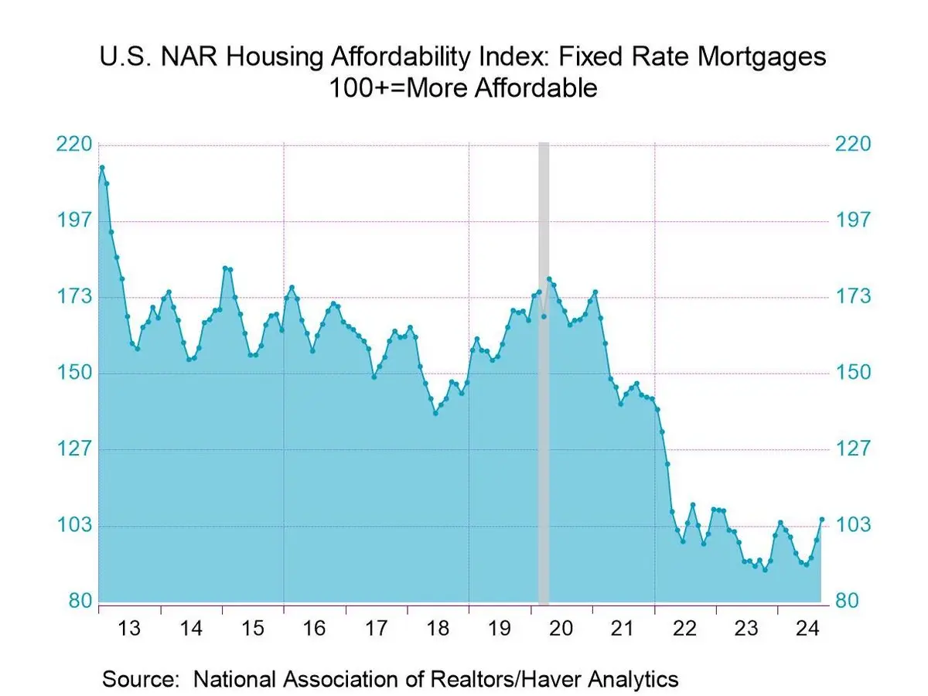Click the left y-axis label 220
[74, 145]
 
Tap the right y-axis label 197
[853, 220]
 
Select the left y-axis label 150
[74, 373]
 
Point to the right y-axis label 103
[853, 525]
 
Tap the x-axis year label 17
[376, 628]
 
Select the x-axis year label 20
[561, 628]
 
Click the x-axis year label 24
[808, 628]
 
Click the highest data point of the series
[102, 167]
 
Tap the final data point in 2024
[822, 520]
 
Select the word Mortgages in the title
[762, 57]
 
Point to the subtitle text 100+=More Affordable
[463, 88]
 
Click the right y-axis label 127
[853, 449]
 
